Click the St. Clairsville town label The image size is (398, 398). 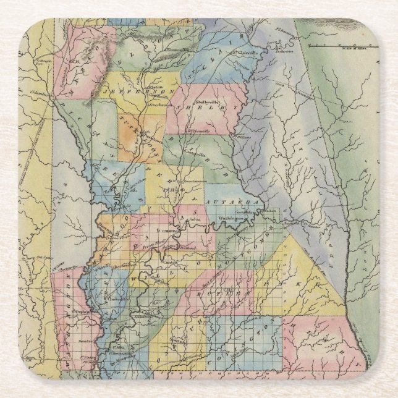tap(243, 53)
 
